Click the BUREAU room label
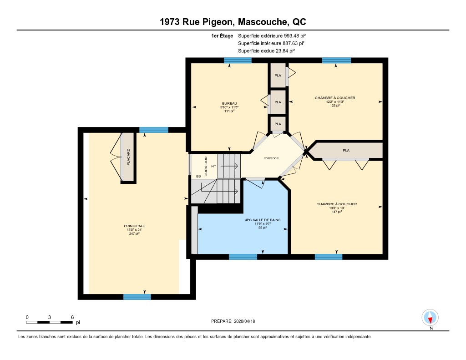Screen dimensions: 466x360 (x=229, y=103)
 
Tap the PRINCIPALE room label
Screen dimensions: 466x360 (x=134, y=226)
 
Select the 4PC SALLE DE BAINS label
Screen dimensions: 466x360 (x=263, y=220)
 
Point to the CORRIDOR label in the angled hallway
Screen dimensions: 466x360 (x=271, y=158)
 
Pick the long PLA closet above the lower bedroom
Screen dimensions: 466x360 (x=346, y=151)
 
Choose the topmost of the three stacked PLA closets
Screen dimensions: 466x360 (x=278, y=75)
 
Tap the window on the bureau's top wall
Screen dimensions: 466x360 (x=238, y=61)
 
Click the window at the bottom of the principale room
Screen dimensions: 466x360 (x=137, y=297)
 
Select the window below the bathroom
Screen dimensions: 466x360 (x=243, y=257)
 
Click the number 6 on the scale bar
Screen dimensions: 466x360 (x=72, y=317)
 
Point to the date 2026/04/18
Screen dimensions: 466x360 (x=244, y=321)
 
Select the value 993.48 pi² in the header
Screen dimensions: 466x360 (x=295, y=35)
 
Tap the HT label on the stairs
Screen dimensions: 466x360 (x=214, y=166)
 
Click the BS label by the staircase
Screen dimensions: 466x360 (x=198, y=176)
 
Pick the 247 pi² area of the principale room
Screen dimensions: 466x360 (x=134, y=233)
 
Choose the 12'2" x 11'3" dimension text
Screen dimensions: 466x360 (x=335, y=101)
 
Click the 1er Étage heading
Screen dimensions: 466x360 (x=222, y=36)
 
